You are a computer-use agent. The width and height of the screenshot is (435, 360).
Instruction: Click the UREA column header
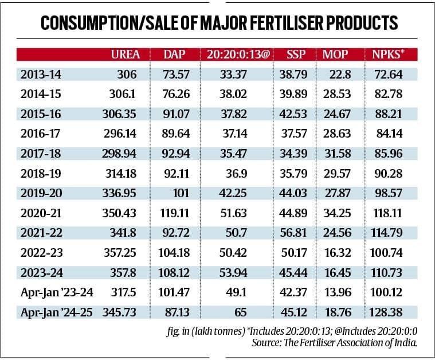tap(125, 55)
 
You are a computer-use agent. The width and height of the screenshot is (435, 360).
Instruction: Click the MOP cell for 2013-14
tap(340, 75)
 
